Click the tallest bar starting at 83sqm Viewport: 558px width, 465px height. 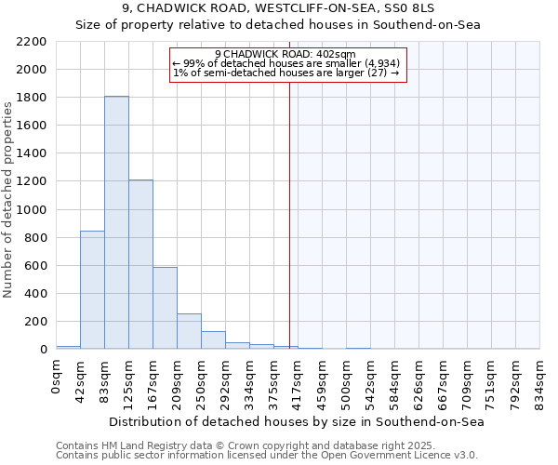pos(116,223)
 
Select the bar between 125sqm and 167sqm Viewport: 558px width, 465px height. pos(140,265)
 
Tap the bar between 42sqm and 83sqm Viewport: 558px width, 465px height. pos(92,290)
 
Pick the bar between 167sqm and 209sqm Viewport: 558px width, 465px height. pos(165,309)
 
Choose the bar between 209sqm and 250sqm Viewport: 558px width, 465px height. pos(189,332)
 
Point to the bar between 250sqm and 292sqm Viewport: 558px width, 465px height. pos(213,340)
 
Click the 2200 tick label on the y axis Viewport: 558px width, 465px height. pos(32,42)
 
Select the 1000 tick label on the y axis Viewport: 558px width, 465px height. pos(32,210)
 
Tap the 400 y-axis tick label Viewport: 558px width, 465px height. pos(35,294)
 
